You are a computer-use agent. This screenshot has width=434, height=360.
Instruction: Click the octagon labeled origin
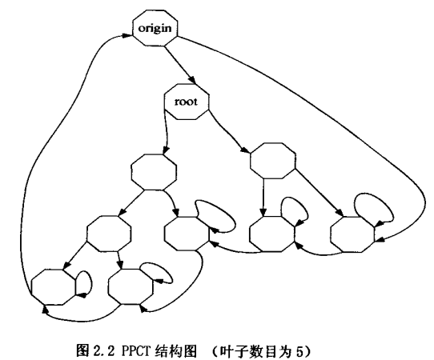pyautogui.click(x=155, y=28)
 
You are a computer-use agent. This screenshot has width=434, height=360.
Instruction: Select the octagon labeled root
pyautogui.click(x=187, y=102)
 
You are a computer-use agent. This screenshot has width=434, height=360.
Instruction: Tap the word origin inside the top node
pyautogui.click(x=155, y=29)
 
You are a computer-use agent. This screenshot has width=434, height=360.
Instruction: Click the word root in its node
pyautogui.click(x=187, y=102)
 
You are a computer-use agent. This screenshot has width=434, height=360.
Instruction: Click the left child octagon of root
pyautogui.click(x=153, y=172)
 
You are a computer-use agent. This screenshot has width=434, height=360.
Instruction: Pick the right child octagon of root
pyautogui.click(x=272, y=160)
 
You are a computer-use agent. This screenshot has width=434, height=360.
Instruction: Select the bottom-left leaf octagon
pyautogui.click(x=54, y=286)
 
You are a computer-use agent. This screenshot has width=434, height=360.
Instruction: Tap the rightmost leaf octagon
pyautogui.click(x=352, y=234)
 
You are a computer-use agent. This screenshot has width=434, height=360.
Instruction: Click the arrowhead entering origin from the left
pyautogui.click(x=127, y=36)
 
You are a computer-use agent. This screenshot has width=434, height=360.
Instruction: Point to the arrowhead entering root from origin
pyautogui.click(x=192, y=80)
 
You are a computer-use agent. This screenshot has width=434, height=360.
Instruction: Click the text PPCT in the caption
pyautogui.click(x=134, y=351)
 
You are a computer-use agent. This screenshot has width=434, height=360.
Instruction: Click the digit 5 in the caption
pyautogui.click(x=298, y=351)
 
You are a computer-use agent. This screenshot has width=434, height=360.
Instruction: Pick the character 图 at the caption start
pyautogui.click(x=82, y=351)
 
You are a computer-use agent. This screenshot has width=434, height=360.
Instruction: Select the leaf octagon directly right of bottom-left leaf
pyautogui.click(x=131, y=286)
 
